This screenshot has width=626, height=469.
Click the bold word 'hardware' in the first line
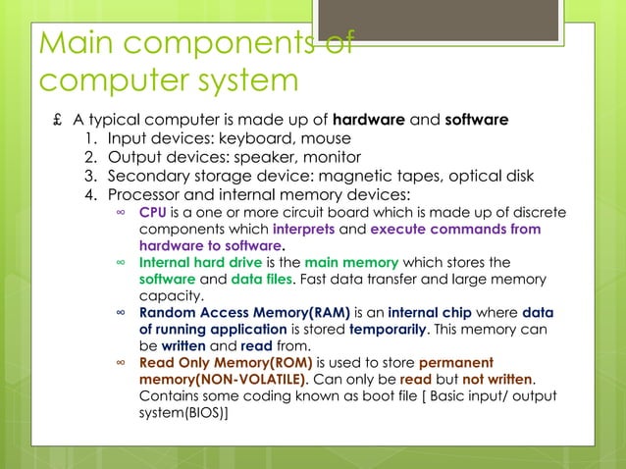coord(369,121)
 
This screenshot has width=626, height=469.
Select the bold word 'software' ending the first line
coord(477,121)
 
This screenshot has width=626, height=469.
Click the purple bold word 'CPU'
coord(153,212)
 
